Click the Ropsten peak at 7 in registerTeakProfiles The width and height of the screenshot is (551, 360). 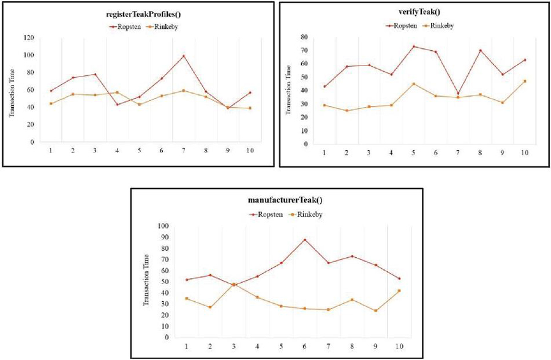tap(183, 56)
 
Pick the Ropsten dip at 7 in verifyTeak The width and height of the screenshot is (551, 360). tap(457, 94)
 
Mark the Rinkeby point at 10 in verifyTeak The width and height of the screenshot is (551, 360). tap(525, 81)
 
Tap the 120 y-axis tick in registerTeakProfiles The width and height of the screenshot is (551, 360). tap(29, 37)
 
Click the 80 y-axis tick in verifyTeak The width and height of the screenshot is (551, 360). tap(304, 36)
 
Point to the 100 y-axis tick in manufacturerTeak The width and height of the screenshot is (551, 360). tap(164, 226)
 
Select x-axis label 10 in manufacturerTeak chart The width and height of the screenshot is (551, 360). tap(398, 347)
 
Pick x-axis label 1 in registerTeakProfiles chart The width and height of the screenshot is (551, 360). tap(50, 150)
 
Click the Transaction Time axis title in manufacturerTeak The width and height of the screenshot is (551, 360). tap(147, 281)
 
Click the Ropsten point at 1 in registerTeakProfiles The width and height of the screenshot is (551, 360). tap(50, 91)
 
